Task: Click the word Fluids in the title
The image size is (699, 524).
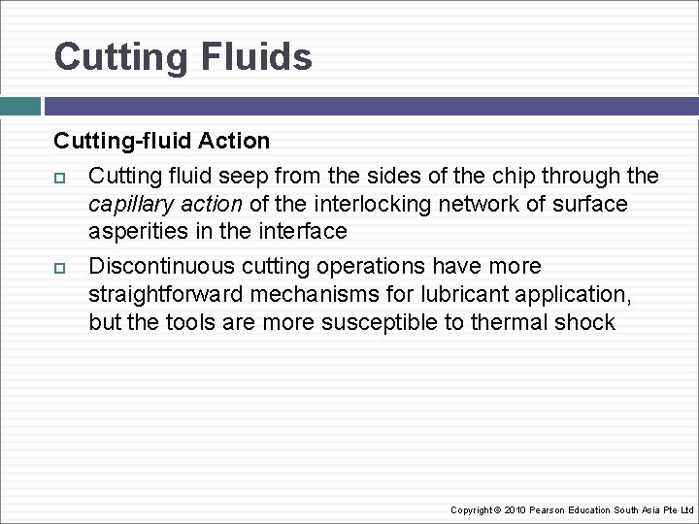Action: tap(257, 56)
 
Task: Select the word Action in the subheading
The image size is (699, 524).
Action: tap(234, 141)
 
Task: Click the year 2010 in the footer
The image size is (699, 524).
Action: tap(515, 510)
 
